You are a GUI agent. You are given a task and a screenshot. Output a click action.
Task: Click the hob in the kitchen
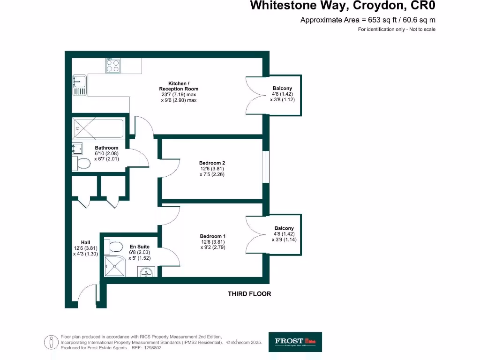112,66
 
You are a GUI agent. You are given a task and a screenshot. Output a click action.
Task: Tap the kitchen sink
79,85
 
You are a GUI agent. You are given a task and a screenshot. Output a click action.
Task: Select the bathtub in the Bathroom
98,128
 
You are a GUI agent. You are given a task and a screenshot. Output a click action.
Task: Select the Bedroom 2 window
266,167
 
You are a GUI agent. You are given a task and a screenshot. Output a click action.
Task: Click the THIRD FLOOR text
249,294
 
